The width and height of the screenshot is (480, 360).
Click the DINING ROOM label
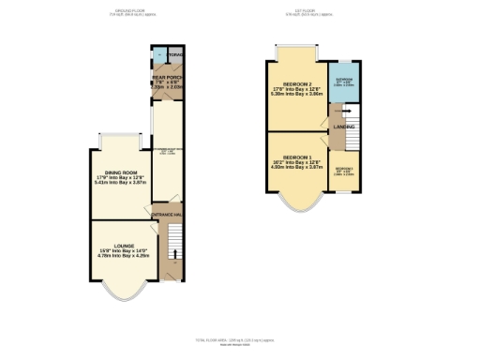121,172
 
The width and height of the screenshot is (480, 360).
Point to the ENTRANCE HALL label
167,215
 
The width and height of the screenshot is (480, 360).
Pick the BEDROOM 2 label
295,82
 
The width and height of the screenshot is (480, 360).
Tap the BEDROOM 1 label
296,157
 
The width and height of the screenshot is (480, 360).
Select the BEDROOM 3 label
343,168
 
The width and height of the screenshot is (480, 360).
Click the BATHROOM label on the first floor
344,82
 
